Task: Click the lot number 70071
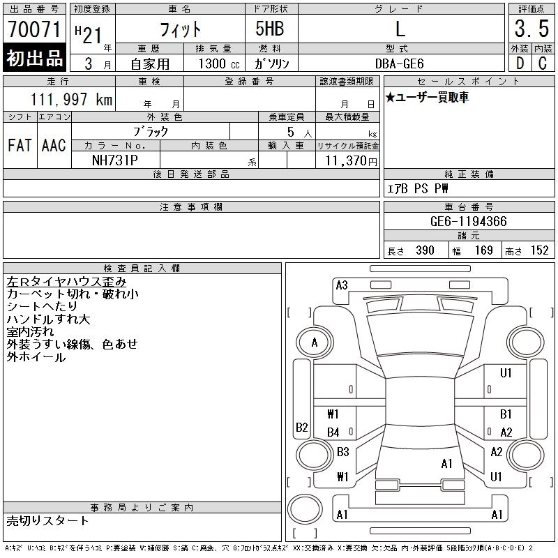(34, 29)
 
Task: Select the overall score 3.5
(531, 29)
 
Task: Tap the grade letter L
(400, 29)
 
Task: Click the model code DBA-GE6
(399, 63)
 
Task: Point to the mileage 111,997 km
(71, 99)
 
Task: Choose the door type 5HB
(270, 29)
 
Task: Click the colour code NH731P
(114, 160)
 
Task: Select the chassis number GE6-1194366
(468, 221)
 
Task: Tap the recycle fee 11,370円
(351, 161)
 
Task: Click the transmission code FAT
(20, 145)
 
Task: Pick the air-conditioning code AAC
(54, 145)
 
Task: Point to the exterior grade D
(520, 63)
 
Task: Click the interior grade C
(543, 63)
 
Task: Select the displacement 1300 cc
(219, 63)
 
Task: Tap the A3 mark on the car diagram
(342, 285)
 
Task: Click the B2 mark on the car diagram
(302, 427)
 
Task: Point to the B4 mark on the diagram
(333, 432)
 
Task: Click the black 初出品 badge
(34, 58)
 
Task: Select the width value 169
(483, 250)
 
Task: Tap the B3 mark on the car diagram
(343, 452)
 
